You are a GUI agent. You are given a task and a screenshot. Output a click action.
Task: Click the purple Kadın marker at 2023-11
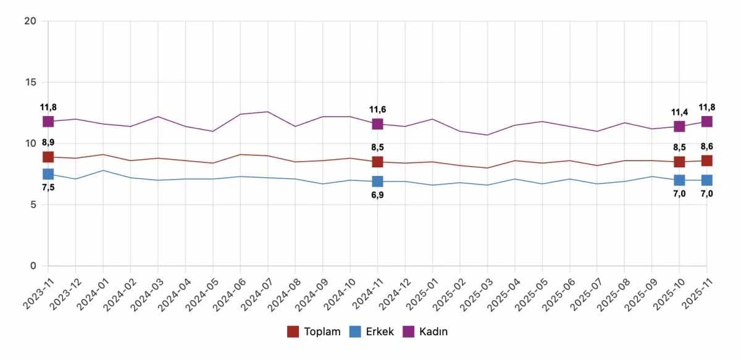pyautogui.click(x=48, y=122)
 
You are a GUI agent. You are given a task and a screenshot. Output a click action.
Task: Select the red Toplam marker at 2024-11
pyautogui.click(x=377, y=162)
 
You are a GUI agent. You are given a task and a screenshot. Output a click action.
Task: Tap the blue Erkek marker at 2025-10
pyautogui.click(x=679, y=180)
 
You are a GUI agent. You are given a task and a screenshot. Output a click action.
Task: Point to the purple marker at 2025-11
pyautogui.click(x=706, y=122)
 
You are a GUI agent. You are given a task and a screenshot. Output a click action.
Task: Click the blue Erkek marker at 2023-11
pyautogui.click(x=48, y=174)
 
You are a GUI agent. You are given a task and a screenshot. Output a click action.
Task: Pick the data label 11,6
pyautogui.click(x=377, y=109)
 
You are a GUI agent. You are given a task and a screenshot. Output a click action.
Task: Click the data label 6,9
pyautogui.click(x=377, y=195)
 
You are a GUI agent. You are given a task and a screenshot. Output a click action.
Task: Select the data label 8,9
pyautogui.click(x=48, y=143)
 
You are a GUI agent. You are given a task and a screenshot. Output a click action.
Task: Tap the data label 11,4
pyautogui.click(x=679, y=112)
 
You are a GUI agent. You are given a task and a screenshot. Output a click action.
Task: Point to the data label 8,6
pyautogui.click(x=707, y=147)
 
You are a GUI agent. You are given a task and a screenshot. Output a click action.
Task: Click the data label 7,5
pyautogui.click(x=48, y=188)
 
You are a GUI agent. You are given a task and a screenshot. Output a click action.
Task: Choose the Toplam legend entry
pyautogui.click(x=314, y=332)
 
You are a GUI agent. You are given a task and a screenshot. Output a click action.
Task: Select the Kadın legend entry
pyautogui.click(x=425, y=332)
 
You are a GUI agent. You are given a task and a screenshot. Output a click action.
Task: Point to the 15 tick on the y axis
pyautogui.click(x=31, y=82)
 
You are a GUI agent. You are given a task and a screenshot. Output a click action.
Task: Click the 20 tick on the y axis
pyautogui.click(x=31, y=21)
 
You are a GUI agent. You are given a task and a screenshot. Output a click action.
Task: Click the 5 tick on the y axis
pyautogui.click(x=33, y=204)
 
